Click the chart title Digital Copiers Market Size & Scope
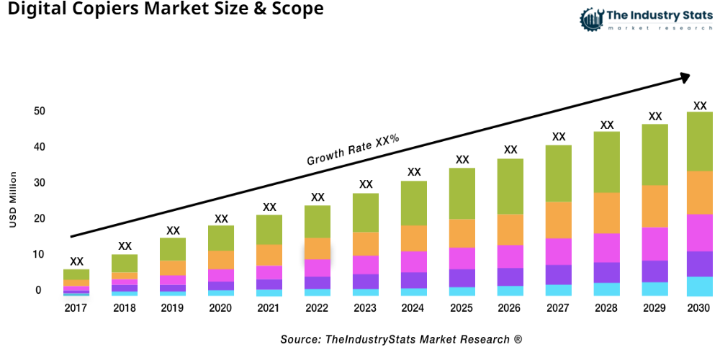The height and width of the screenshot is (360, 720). click(x=162, y=10)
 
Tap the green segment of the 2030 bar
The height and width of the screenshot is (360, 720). click(x=699, y=141)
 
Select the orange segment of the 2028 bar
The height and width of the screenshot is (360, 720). click(x=607, y=213)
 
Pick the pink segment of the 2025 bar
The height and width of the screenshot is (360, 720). click(x=462, y=258)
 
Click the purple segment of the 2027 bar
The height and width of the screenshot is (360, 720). click(x=559, y=274)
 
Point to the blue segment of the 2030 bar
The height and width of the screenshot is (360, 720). click(x=699, y=286)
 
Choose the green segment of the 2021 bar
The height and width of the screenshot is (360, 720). click(x=269, y=230)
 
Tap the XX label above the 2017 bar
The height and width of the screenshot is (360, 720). click(x=76, y=261)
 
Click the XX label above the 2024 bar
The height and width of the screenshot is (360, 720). click(x=414, y=172)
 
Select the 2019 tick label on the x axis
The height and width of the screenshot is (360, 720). click(x=173, y=308)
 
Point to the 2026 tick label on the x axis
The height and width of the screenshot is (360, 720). click(x=510, y=308)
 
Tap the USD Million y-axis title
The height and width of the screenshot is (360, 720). click(x=12, y=200)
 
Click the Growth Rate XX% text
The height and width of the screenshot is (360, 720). click(x=353, y=149)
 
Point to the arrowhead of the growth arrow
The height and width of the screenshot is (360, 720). click(x=684, y=76)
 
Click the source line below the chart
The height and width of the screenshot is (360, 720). click(x=401, y=338)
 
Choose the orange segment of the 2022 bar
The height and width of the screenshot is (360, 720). click(x=318, y=248)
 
